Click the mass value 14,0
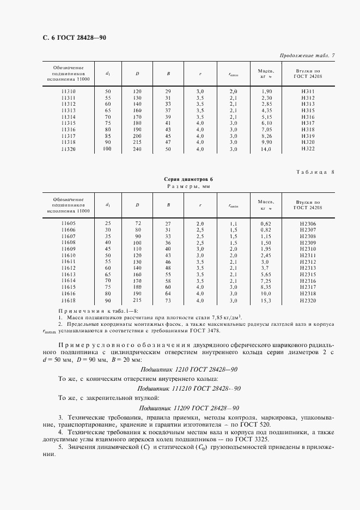pyautogui.click(x=266, y=149)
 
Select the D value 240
pyautogui.click(x=137, y=149)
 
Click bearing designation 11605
pyautogui.click(x=69, y=223)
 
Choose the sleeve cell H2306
pyautogui.click(x=308, y=223)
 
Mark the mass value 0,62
pyautogui.click(x=266, y=223)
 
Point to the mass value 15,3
pyautogui.click(x=266, y=300)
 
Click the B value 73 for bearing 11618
pyautogui.click(x=168, y=300)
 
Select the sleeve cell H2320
pyautogui.click(x=308, y=300)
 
